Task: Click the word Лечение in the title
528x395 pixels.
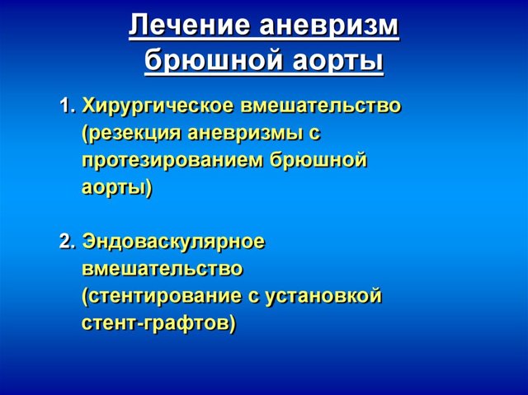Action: (x=189, y=26)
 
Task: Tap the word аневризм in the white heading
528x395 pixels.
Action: (x=329, y=26)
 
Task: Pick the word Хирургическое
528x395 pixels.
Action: (x=158, y=106)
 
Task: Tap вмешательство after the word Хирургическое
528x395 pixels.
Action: (x=322, y=106)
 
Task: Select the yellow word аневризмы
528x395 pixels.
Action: (x=244, y=134)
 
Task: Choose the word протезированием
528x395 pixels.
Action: (x=172, y=161)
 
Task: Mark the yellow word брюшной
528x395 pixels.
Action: (x=318, y=159)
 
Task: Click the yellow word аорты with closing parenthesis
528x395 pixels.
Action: (x=117, y=188)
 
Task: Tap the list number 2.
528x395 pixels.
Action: (x=67, y=242)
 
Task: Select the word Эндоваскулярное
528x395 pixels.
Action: (x=173, y=242)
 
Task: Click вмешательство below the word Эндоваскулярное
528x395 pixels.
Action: (x=163, y=269)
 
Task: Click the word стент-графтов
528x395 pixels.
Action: (x=159, y=324)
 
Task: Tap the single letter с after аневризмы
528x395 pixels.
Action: (x=313, y=134)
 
